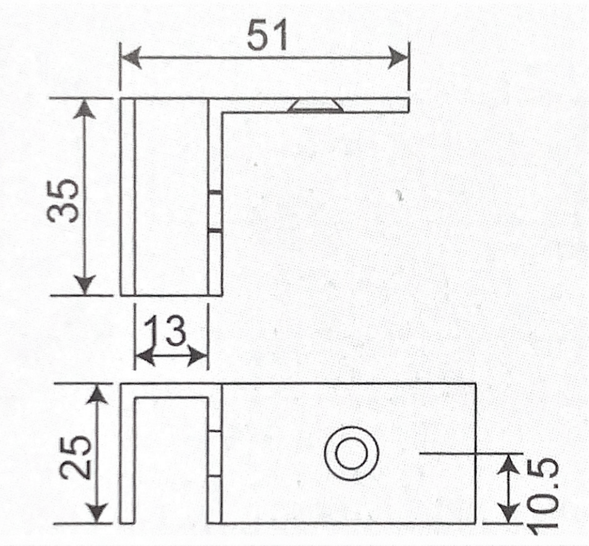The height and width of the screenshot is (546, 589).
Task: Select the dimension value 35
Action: click(x=63, y=200)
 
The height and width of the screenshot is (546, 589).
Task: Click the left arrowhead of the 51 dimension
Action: click(x=130, y=58)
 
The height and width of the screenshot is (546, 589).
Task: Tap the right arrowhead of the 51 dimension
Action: click(x=399, y=58)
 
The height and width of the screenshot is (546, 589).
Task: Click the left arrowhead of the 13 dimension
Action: click(x=143, y=358)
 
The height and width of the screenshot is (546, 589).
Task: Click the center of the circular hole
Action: click(x=352, y=453)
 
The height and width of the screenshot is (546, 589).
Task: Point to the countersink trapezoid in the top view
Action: click(x=316, y=106)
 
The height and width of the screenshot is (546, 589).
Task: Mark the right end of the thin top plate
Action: click(x=407, y=105)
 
